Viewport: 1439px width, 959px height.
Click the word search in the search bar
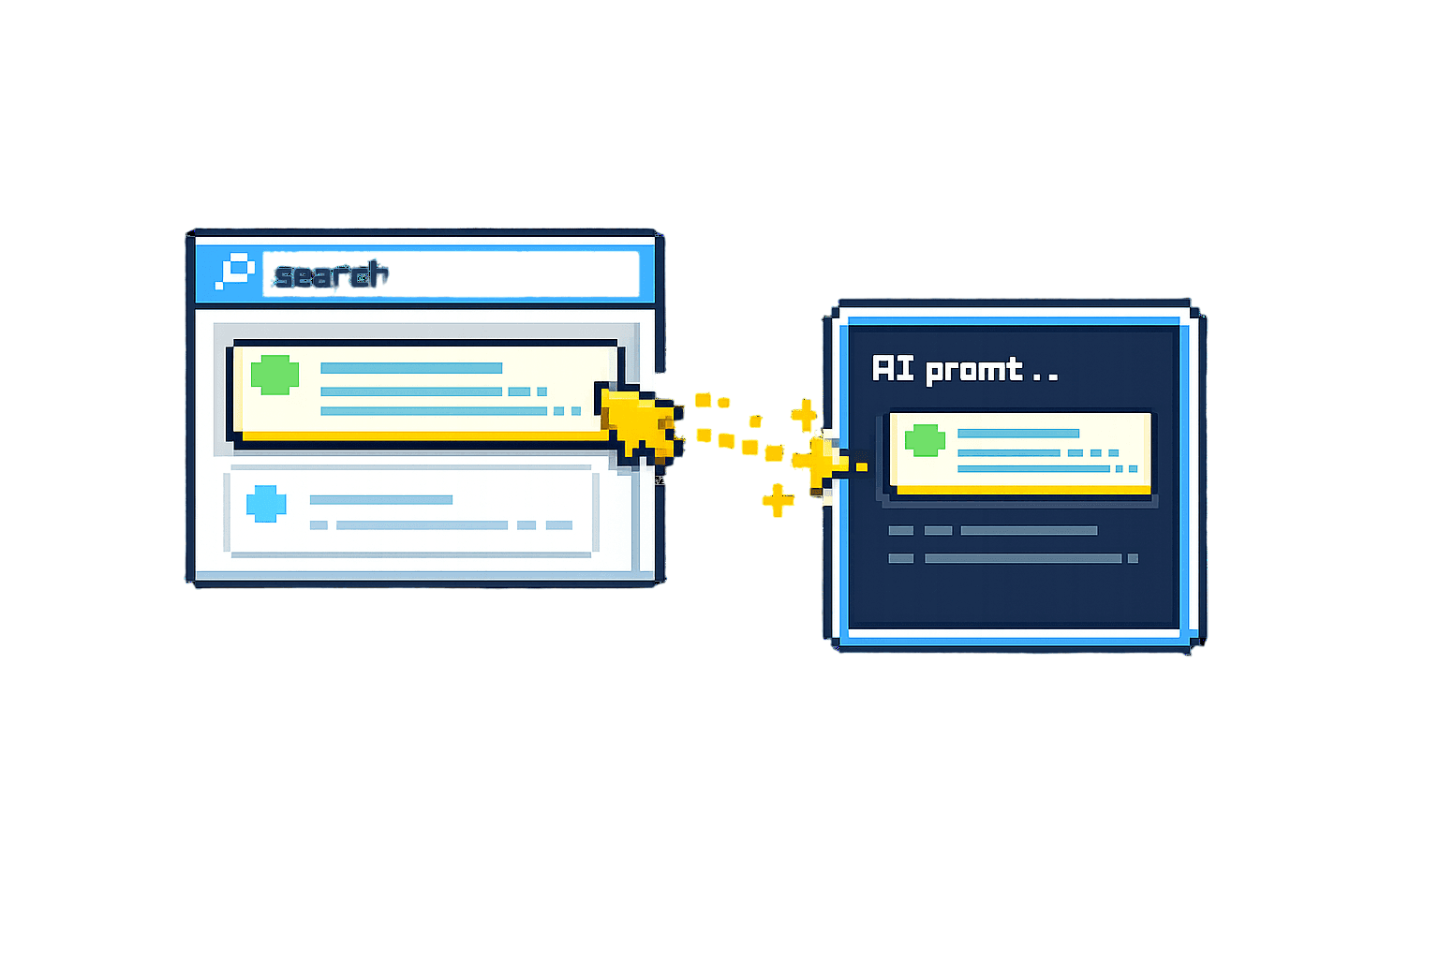click(331, 275)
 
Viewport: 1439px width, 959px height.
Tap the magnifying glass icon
click(235, 271)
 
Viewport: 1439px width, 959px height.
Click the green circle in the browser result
click(274, 375)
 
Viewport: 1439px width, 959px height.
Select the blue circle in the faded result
click(266, 504)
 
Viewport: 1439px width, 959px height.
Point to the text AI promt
click(947, 370)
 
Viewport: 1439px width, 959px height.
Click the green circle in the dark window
click(925, 440)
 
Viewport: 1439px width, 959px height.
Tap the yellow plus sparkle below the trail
click(778, 500)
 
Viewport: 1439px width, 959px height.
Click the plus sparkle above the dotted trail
click(805, 415)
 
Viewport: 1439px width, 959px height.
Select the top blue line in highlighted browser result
click(411, 368)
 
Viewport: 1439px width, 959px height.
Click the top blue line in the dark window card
click(1018, 434)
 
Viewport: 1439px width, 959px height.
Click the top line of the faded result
click(381, 500)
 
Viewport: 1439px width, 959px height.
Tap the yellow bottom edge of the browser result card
click(424, 436)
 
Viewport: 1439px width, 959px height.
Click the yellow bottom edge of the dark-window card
click(1024, 490)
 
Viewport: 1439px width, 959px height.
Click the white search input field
click(451, 274)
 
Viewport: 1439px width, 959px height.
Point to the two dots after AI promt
click(1045, 378)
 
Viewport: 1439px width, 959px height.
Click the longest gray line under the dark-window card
click(1023, 558)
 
